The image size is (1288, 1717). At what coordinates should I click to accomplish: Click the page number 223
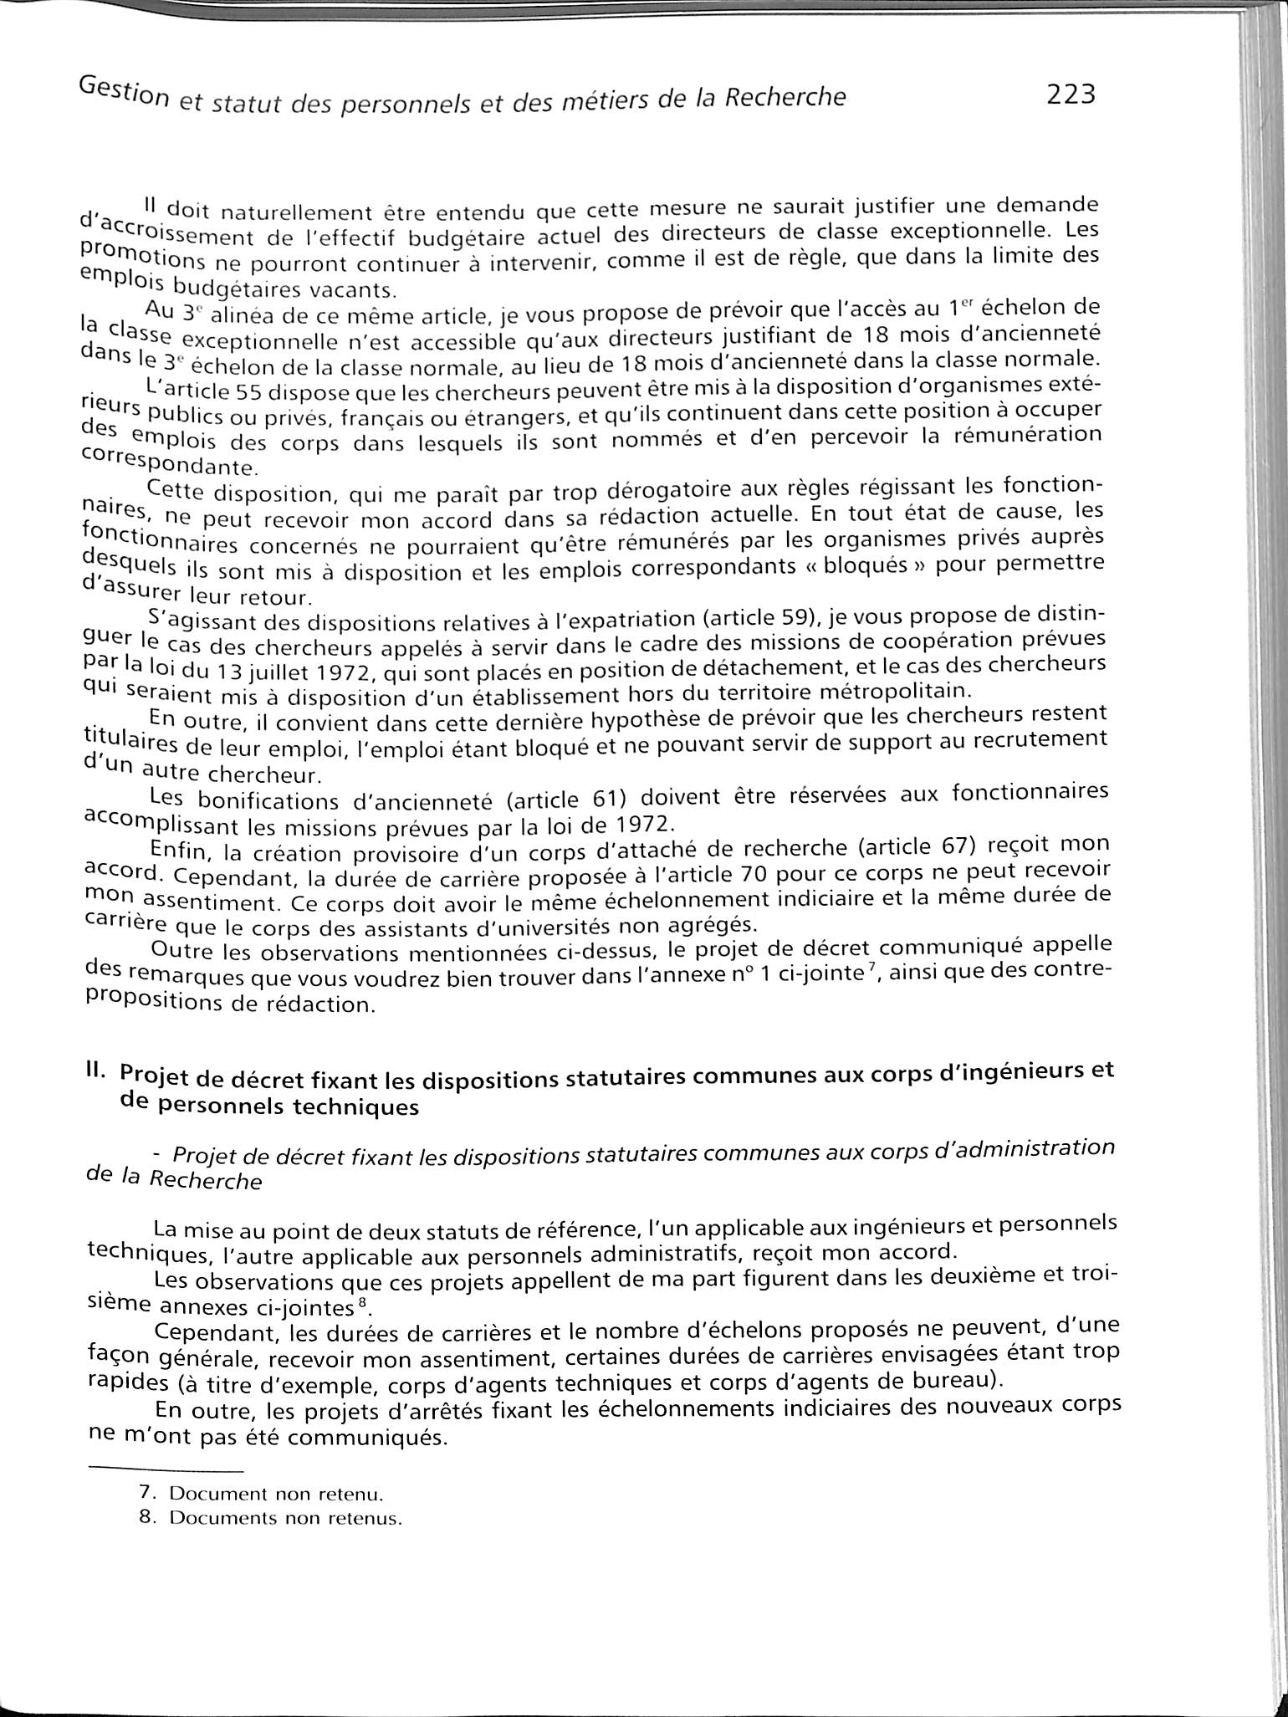pyautogui.click(x=1070, y=95)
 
